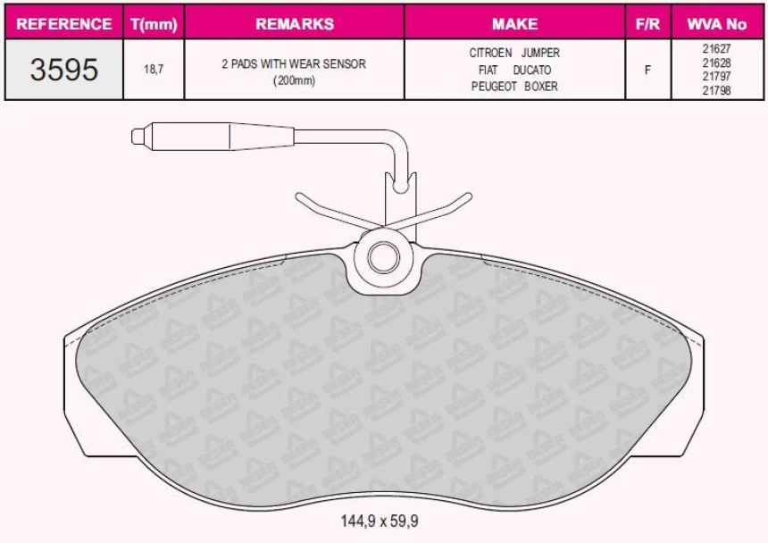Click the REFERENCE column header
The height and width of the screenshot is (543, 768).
point(63,23)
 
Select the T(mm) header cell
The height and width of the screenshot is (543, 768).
point(154,24)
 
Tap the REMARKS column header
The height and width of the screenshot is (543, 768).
point(295,23)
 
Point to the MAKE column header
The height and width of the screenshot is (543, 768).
point(514,23)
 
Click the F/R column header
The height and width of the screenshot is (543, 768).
point(647,23)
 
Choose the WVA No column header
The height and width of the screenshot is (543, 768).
point(716,23)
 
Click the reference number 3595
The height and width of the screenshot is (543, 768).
point(64,70)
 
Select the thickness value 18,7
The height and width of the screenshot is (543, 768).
point(154,69)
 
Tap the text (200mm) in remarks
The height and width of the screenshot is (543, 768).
point(294,80)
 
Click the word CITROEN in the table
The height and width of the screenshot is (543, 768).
point(490,53)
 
